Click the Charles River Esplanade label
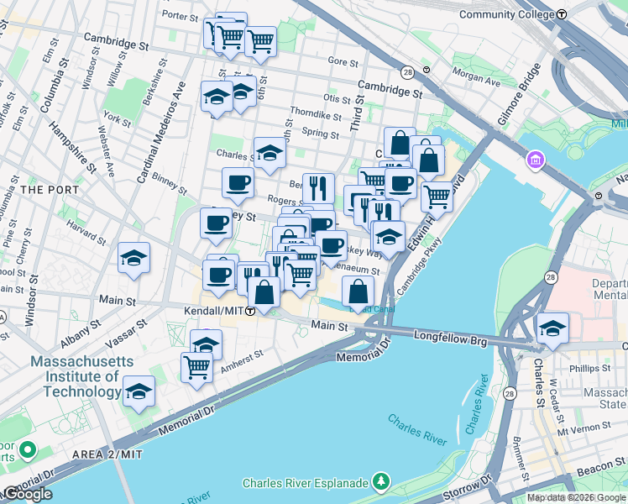pyautogui.click(x=306, y=483)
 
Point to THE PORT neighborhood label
pyautogui.click(x=49, y=190)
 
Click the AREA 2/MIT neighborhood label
pyautogui.click(x=107, y=454)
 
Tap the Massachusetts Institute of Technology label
pyautogui.click(x=76, y=376)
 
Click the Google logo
pyautogui.click(x=27, y=494)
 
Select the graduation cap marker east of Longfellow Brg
pyautogui.click(x=552, y=328)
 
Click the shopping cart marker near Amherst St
pyautogui.click(x=196, y=367)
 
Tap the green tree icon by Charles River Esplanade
pyautogui.click(x=381, y=481)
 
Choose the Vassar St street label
pyautogui.click(x=128, y=334)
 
